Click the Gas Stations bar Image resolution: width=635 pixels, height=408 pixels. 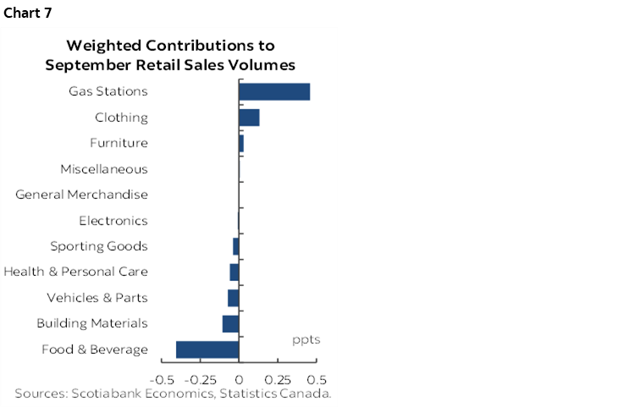[x=274, y=91]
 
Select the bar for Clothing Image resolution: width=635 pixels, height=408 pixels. [x=249, y=118]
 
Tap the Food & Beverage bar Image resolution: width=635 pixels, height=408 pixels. [x=207, y=350]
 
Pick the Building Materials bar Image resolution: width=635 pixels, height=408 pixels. [x=231, y=323]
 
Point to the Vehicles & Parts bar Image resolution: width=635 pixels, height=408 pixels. [x=234, y=298]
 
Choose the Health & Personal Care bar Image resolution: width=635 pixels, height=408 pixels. [x=235, y=272]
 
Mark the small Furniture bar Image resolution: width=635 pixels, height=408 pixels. [x=241, y=143]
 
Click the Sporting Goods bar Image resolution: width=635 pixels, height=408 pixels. [x=236, y=246]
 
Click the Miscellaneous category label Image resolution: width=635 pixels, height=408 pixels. [x=104, y=169]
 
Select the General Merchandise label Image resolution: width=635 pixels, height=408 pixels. [x=82, y=195]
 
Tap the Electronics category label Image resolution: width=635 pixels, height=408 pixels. [x=113, y=221]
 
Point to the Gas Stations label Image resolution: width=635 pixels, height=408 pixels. [x=108, y=91]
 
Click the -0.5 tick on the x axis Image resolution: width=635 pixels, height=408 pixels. [x=162, y=379]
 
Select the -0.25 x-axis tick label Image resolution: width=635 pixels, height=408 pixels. [x=201, y=379]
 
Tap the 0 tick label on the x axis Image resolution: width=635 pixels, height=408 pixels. [x=239, y=379]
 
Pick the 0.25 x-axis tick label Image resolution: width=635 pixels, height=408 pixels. [x=277, y=379]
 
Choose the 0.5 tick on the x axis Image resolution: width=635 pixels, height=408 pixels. [x=317, y=379]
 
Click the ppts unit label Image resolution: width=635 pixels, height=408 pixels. [x=306, y=340]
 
